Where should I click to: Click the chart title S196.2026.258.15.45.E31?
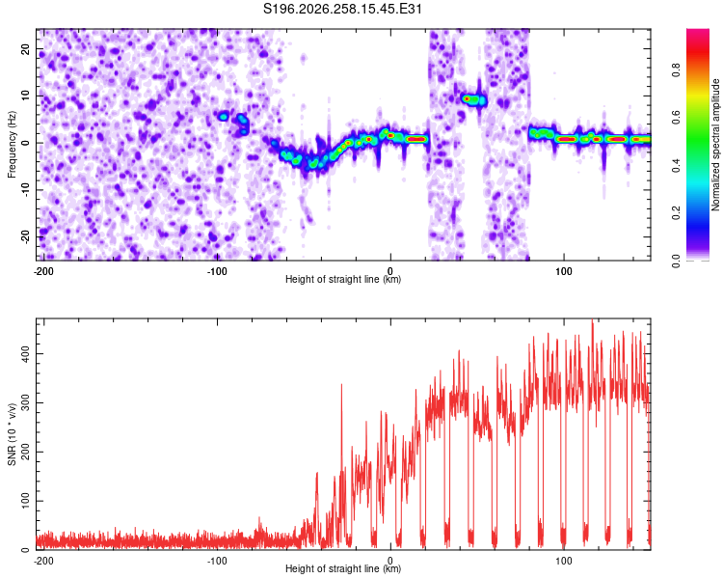(342, 9)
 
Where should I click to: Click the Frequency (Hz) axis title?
(12, 145)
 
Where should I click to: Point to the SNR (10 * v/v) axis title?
(12, 434)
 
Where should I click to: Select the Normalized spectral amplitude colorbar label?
(715, 145)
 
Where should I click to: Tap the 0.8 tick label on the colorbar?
(676, 70)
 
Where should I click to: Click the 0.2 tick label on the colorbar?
(676, 213)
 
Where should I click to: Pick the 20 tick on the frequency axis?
(26, 48)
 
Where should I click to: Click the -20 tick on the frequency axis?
(26, 237)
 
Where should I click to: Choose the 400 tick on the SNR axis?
(26, 354)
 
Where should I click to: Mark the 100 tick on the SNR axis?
(26, 501)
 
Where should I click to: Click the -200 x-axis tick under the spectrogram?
(43, 271)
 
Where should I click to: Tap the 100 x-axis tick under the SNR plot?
(564, 561)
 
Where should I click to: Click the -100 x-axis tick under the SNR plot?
(217, 561)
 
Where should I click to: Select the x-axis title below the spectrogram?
(343, 279)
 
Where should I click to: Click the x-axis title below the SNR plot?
(343, 568)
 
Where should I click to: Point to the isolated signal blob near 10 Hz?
(473, 99)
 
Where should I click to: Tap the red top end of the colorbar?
(698, 32)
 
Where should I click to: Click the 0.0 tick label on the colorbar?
(676, 261)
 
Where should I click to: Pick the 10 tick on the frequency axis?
(26, 96)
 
